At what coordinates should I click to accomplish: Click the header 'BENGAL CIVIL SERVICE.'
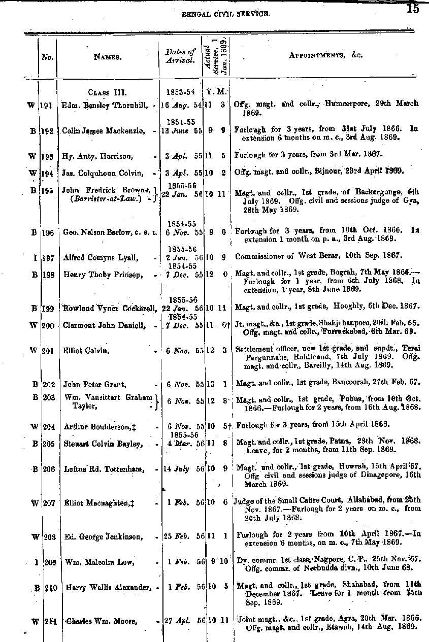pos(225,15)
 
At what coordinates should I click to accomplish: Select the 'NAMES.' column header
pos(108,57)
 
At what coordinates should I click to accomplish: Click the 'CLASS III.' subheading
pos(107,93)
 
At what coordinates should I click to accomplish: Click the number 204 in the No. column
pos(49,427)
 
